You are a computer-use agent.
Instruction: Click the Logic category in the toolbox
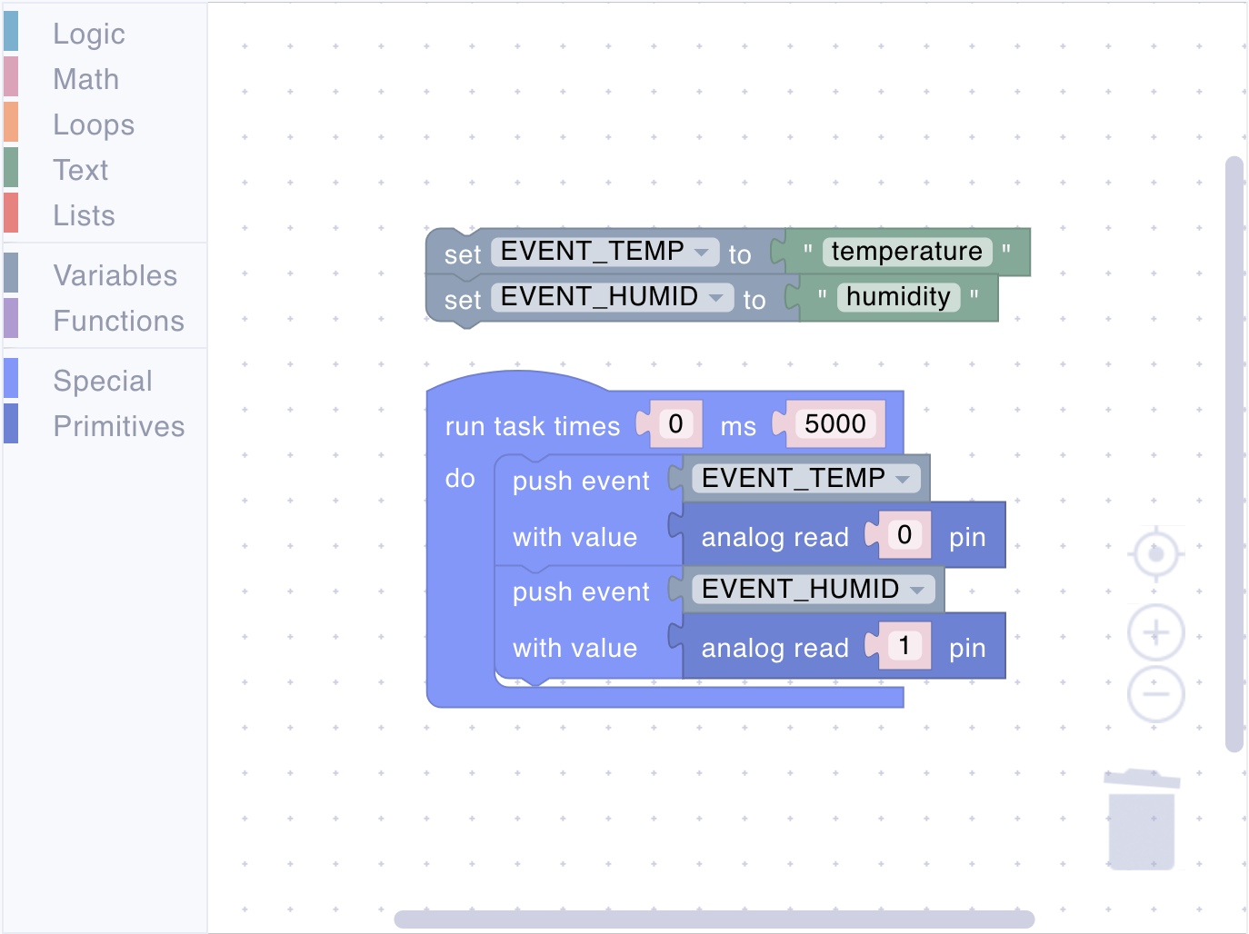pos(89,34)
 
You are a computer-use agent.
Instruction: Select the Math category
pos(86,79)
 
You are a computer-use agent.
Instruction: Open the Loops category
pos(94,124)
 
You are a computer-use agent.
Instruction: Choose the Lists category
pos(84,215)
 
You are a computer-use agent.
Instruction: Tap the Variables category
pos(115,275)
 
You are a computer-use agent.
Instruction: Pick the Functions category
pos(118,322)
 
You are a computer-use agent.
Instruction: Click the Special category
pos(103,381)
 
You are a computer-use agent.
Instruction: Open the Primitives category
pos(118,426)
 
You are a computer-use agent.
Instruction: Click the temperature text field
pos(906,252)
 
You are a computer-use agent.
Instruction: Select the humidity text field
pos(898,297)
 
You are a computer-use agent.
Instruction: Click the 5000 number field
pos(834,424)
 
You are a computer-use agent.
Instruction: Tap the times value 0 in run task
pos(675,424)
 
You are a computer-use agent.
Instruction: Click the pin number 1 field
pos(904,646)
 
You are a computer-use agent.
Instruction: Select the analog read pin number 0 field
pos(904,535)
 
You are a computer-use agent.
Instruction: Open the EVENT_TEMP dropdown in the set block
pos(605,252)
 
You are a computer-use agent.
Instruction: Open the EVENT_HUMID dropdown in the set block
pos(613,297)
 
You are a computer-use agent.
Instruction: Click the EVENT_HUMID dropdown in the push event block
pos(814,589)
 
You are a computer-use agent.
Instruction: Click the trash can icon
pos(1142,820)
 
